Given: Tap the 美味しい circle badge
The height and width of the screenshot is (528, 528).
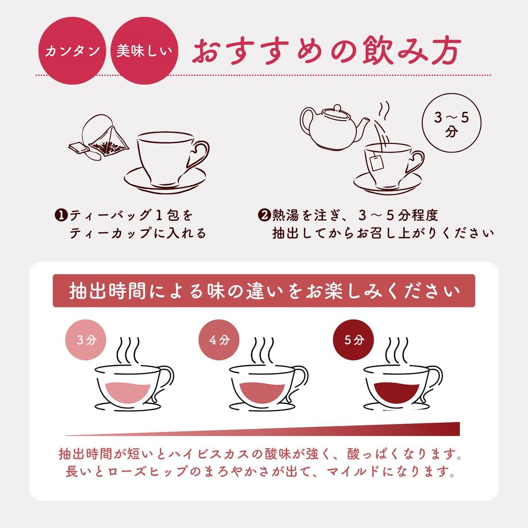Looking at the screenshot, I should click(x=144, y=52).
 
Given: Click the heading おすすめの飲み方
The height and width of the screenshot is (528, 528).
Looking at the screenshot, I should click(x=325, y=52).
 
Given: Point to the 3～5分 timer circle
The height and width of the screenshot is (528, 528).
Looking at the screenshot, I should click(x=451, y=124).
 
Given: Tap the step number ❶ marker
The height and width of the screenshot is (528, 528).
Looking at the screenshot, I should click(x=60, y=214).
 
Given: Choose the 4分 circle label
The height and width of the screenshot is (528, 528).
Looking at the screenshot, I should click(x=219, y=340).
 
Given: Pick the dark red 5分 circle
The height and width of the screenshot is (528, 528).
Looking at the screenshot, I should click(x=353, y=340).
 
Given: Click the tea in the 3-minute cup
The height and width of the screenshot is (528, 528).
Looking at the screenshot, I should click(x=124, y=392).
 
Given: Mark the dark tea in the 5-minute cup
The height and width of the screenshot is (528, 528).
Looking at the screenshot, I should click(x=392, y=391).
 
